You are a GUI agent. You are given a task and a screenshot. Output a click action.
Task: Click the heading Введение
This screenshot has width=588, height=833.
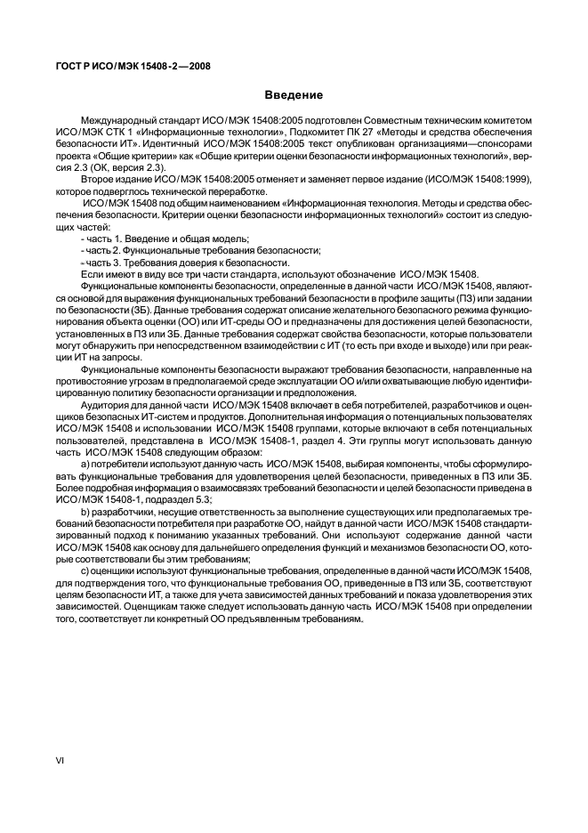(x=293, y=95)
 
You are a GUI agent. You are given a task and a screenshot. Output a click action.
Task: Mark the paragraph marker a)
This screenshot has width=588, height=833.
(x=85, y=463)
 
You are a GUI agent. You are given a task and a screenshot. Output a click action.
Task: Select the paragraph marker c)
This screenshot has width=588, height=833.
(x=85, y=569)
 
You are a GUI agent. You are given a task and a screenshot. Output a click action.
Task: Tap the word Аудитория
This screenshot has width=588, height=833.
(x=105, y=404)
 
